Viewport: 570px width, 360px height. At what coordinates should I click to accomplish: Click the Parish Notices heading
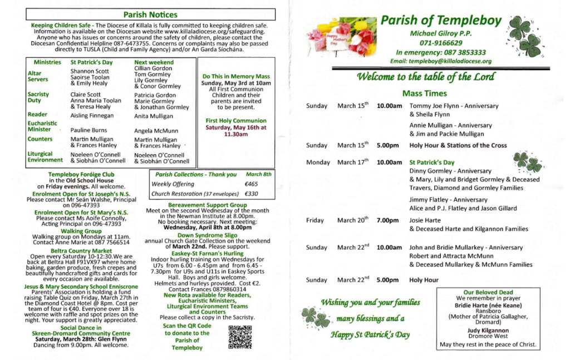point(150,14)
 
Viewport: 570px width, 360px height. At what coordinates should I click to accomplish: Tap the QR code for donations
point(240,337)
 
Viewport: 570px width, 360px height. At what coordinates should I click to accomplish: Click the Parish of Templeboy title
point(441,21)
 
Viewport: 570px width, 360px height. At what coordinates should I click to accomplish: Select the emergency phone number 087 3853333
point(464,52)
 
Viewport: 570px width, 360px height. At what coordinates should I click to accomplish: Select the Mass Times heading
point(424,93)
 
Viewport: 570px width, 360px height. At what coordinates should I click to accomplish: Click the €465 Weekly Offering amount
point(251,184)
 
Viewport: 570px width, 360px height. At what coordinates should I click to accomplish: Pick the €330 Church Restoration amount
point(252,194)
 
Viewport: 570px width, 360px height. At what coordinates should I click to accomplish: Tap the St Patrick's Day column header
point(91,62)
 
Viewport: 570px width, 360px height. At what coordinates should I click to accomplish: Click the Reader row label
point(37,115)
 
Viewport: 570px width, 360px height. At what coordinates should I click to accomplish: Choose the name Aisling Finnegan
point(92,116)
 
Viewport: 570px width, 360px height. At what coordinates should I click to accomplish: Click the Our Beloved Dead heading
point(488,292)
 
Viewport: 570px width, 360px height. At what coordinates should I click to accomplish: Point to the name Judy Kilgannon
point(488,330)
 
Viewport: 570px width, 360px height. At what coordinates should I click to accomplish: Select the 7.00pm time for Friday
point(387,220)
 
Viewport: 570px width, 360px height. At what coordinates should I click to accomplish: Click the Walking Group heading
point(81,231)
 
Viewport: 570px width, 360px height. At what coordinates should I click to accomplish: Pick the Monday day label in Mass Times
point(318,162)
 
